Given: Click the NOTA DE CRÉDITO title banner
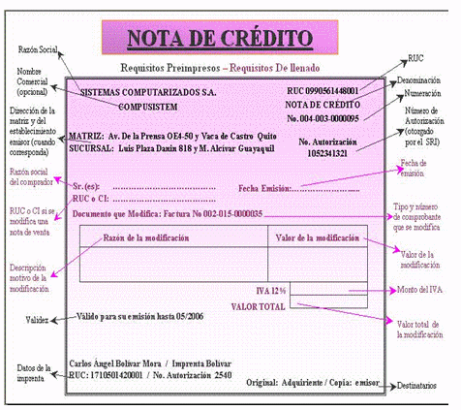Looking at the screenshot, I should (220, 39).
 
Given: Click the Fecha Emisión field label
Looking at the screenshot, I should (262, 187).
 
